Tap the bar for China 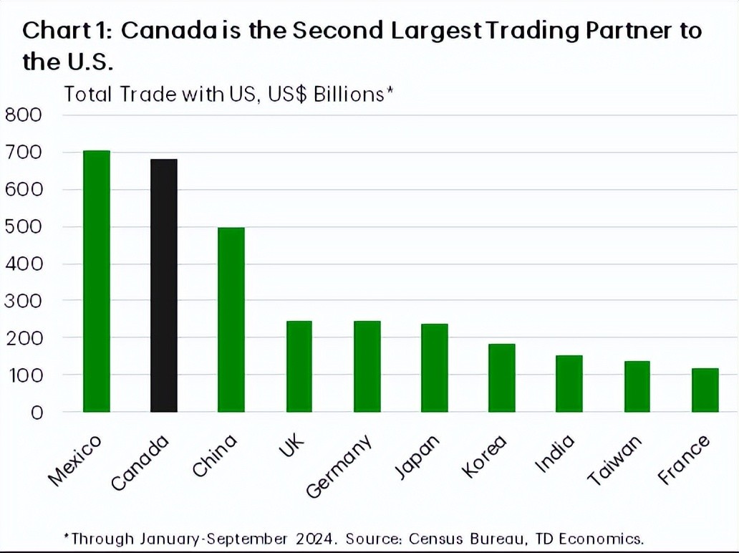[231, 319]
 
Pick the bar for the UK [299, 366]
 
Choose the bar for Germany [367, 366]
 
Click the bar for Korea [501, 378]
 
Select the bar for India [569, 383]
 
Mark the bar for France [705, 390]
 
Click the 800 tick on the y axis [24, 115]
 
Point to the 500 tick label [24, 226]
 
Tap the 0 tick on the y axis [35, 413]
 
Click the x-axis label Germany [340, 466]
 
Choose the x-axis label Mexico [74, 461]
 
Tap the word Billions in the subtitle [348, 95]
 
